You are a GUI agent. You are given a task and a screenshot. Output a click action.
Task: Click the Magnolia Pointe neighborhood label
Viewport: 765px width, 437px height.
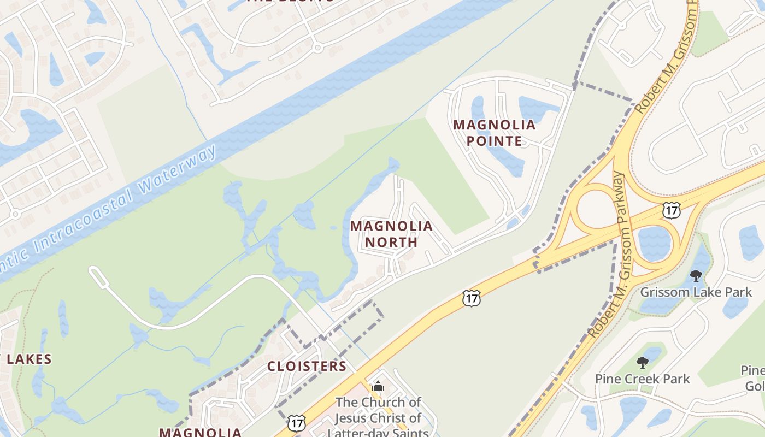(494, 133)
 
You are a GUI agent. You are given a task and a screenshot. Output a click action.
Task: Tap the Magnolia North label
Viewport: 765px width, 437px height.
(391, 234)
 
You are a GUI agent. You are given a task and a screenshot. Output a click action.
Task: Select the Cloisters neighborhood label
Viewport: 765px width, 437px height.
(307, 366)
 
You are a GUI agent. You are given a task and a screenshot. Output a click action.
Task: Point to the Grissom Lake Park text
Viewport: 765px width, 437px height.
(696, 292)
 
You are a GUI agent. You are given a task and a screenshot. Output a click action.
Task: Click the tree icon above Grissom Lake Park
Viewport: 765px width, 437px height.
(696, 275)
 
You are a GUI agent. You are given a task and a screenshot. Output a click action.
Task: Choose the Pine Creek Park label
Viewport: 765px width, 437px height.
(642, 379)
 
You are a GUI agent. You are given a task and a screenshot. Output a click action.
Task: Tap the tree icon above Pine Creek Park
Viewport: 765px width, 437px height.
(643, 362)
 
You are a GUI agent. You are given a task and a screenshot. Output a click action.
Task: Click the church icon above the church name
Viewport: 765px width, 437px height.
(378, 387)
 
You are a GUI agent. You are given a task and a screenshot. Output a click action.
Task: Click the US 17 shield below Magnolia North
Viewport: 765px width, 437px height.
(470, 298)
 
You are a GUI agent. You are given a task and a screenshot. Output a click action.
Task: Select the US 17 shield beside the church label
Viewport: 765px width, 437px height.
(297, 422)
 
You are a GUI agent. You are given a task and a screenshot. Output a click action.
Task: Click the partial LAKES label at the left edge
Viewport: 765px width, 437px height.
(27, 359)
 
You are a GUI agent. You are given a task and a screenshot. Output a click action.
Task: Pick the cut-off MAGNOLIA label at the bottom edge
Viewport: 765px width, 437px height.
(200, 432)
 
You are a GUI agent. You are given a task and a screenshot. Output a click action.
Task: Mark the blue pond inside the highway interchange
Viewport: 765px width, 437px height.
(654, 243)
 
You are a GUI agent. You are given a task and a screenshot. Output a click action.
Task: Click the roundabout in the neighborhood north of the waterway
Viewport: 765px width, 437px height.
(317, 48)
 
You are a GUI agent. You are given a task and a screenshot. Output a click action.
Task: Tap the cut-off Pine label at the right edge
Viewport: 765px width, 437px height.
(753, 371)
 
